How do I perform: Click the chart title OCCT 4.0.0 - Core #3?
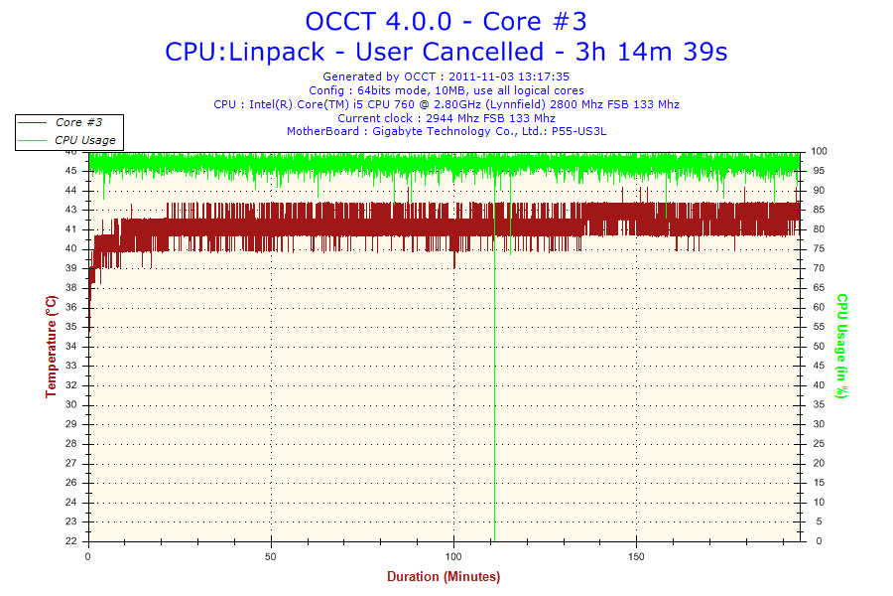pos(452,21)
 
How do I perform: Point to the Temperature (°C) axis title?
pos(51,347)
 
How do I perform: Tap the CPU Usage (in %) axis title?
pos(841,346)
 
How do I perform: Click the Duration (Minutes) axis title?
pos(444,577)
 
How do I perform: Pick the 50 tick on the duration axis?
pos(271,556)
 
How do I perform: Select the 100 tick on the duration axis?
pos(453,556)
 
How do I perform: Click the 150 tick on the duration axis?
pos(636,556)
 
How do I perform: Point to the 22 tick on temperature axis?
pos(71,541)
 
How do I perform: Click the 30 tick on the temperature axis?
pos(71,404)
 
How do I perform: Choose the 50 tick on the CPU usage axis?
pos(819,347)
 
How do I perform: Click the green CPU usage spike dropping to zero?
pos(494,397)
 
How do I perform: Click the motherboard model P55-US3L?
pos(578,131)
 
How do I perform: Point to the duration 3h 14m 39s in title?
pos(658,51)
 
